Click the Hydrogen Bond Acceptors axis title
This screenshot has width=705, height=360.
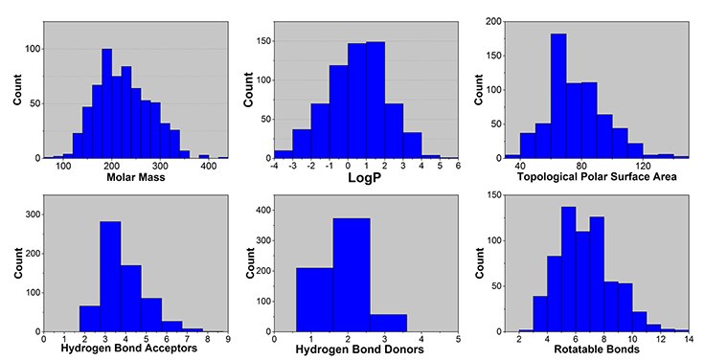[136, 348]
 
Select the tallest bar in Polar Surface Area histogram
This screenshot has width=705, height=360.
[558, 96]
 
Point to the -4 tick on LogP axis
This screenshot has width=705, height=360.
[274, 167]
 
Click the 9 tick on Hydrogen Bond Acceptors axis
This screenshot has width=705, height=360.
[227, 337]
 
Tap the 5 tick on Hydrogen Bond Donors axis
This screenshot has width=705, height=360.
[458, 337]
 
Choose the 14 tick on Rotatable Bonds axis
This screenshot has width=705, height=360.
[688, 337]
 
